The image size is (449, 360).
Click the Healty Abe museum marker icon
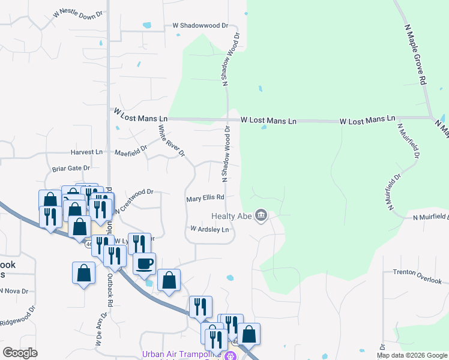tap(261, 215)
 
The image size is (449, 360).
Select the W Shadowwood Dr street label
tap(201, 26)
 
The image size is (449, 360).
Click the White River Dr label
tap(170, 140)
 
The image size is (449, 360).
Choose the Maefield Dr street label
tap(131, 151)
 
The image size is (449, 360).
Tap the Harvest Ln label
tap(86, 152)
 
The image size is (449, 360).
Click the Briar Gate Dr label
tap(71, 169)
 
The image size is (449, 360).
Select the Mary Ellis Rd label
tap(205, 197)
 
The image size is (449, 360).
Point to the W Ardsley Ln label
tap(209, 229)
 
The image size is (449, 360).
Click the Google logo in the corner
tap(20, 353)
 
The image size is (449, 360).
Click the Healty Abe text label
tap(231, 216)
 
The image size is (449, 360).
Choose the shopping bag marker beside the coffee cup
tap(169, 280)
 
